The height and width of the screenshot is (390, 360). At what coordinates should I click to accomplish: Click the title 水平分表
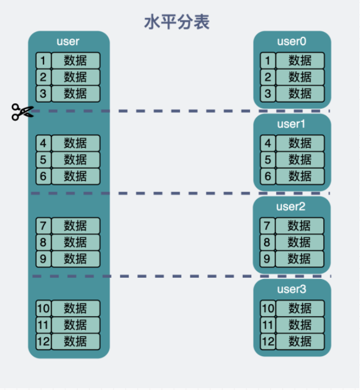point(177,22)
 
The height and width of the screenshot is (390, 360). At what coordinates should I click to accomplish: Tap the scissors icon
point(22,112)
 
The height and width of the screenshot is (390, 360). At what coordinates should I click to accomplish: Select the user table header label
point(68,41)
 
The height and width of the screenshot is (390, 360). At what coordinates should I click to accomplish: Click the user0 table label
point(292,41)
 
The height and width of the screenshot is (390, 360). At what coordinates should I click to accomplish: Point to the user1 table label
point(291,124)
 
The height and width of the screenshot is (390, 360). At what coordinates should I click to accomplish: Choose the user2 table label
point(291,206)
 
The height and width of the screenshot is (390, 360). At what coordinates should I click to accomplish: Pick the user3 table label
point(292,289)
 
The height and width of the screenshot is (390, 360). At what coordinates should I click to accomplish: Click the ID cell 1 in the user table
point(43,60)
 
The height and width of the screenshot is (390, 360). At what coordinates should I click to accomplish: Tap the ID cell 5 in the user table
point(43,159)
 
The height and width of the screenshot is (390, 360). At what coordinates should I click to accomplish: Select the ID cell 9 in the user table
point(43,258)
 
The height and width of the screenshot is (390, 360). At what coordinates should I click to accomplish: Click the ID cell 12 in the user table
point(43,342)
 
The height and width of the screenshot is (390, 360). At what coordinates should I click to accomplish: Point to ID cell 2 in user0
point(268,77)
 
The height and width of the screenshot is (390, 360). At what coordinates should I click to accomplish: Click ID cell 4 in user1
point(268,143)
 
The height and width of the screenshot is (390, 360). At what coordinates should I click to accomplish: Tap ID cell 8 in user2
point(267,242)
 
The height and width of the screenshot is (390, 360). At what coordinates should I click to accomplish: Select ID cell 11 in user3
point(268,325)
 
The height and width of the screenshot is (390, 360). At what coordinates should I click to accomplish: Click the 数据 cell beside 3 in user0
point(300,94)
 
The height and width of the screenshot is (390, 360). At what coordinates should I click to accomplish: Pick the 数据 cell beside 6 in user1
point(300,176)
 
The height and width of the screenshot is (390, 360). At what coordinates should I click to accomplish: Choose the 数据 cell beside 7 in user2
point(300,226)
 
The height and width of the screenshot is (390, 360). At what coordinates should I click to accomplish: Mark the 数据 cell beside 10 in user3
point(300,308)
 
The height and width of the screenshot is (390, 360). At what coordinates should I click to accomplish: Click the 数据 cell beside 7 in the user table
point(76,226)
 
